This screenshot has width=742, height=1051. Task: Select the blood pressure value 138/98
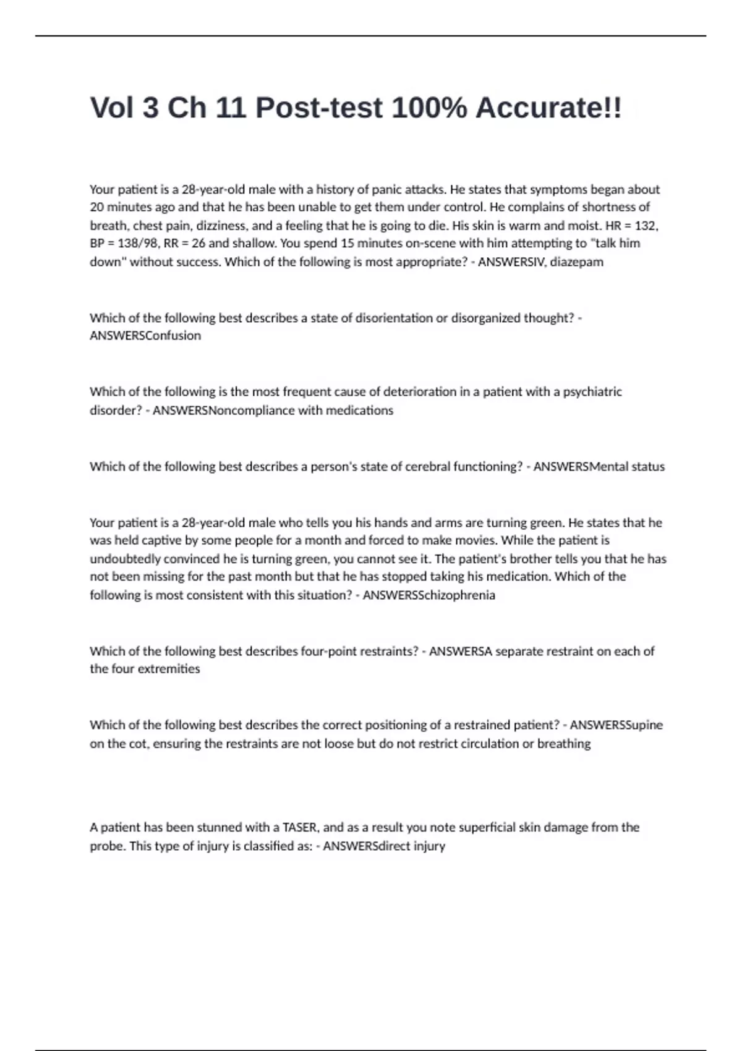[135, 243]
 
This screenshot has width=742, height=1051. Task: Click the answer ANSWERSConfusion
[145, 336]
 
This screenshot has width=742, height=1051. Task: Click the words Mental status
[627, 467]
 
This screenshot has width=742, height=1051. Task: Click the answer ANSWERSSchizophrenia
[429, 595]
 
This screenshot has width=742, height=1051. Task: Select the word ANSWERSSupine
[616, 725]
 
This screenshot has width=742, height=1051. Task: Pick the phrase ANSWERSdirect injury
[384, 846]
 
